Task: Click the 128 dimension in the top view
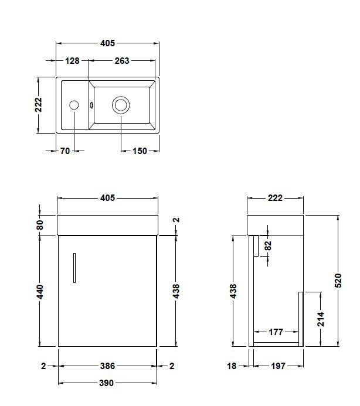72,60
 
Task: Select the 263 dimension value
122,60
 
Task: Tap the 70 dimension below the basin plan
64,151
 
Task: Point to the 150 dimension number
140,151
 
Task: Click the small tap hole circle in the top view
74,105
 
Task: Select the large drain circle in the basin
121,105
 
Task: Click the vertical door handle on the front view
74,268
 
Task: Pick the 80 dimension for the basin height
40,224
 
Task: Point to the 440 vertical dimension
40,291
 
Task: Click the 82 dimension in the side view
268,245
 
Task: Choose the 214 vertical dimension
321,319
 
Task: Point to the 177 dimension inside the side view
276,332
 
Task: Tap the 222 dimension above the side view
275,198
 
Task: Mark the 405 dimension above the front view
107,198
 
